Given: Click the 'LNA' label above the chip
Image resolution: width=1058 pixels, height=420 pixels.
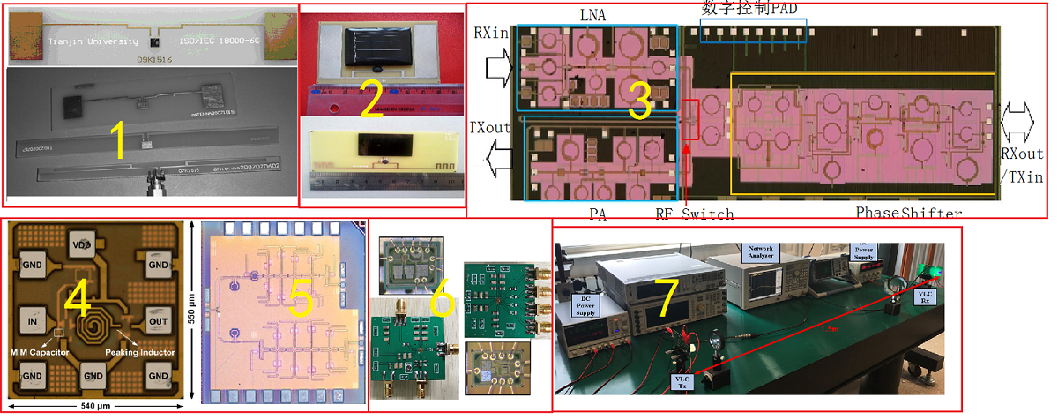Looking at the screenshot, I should (x=592, y=15).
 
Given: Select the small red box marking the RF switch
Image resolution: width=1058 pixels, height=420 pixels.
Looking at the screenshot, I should (x=690, y=120).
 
